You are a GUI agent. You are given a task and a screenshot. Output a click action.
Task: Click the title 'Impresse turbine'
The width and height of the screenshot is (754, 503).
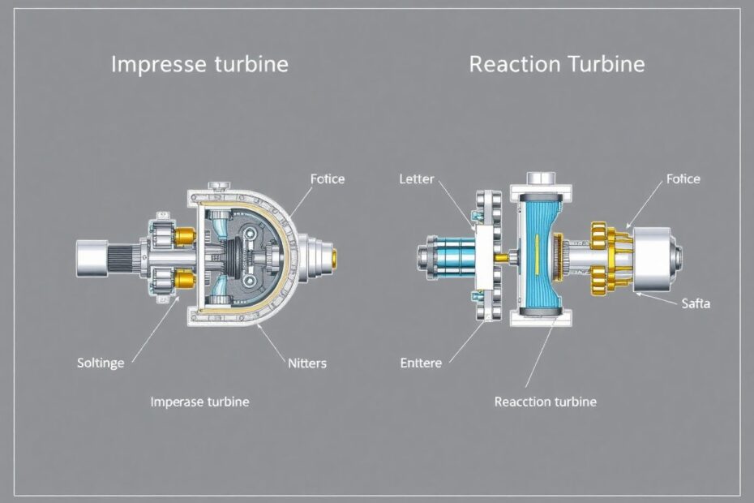pos(199,65)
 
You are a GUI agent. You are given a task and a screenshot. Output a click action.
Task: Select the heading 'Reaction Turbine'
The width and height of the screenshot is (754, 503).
pos(557,64)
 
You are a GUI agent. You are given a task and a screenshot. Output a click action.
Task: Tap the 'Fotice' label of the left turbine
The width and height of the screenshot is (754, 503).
pos(328,179)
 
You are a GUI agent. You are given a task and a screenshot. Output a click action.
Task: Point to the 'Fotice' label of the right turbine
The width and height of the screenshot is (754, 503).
pos(683,179)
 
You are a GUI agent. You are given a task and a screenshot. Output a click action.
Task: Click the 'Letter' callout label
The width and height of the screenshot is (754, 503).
pos(417,179)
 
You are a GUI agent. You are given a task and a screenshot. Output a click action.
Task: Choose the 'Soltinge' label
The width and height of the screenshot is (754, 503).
pos(101,363)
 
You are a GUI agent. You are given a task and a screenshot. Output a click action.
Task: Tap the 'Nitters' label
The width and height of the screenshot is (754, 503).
pos(306,363)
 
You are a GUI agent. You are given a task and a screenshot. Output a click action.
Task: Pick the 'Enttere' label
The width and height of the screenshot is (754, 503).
pos(421,363)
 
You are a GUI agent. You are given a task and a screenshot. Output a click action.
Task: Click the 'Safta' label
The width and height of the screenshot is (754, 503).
pos(696,303)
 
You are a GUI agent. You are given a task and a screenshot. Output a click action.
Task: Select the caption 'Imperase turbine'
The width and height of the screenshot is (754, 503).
pos(199,402)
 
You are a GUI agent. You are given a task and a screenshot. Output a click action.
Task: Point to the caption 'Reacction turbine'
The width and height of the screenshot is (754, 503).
pos(546,402)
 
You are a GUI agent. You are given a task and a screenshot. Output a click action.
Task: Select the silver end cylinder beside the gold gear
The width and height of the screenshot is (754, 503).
pos(655,259)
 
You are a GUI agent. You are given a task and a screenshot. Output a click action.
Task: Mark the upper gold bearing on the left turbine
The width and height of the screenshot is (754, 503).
pos(185,237)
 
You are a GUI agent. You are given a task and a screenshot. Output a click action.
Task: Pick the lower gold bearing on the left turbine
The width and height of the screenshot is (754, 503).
pos(185,279)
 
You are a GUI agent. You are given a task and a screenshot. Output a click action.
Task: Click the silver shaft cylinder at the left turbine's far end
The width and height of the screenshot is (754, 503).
pos(92,259)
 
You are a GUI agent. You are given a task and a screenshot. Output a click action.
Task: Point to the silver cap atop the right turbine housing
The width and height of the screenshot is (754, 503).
pos(541,179)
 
